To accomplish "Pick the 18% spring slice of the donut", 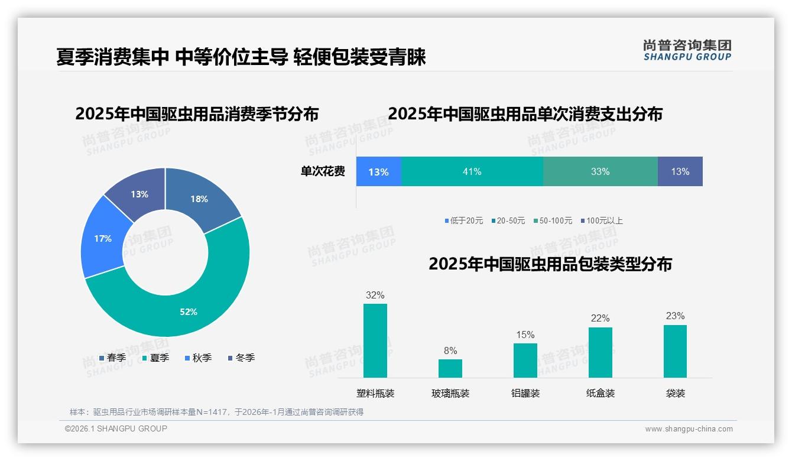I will pyautogui.click(x=199, y=199).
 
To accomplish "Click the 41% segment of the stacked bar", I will pyautogui.click(x=472, y=171).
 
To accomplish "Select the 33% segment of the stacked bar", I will pyautogui.click(x=600, y=171).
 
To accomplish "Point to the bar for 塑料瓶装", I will pyautogui.click(x=375, y=340).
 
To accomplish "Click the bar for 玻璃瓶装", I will pyautogui.click(x=450, y=368).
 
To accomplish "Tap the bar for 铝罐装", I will pyautogui.click(x=525, y=360).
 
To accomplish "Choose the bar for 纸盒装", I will pyautogui.click(x=600, y=352).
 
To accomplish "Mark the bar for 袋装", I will pyautogui.click(x=675, y=351).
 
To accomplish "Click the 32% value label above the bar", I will pyautogui.click(x=375, y=295).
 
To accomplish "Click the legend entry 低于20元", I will pyautogui.click(x=464, y=220).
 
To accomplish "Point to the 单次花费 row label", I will pyautogui.click(x=323, y=171).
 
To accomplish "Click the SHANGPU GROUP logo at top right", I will pyautogui.click(x=687, y=50).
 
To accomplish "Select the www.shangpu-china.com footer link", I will pyautogui.click(x=689, y=428).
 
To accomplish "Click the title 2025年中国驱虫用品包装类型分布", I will pyautogui.click(x=550, y=264).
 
